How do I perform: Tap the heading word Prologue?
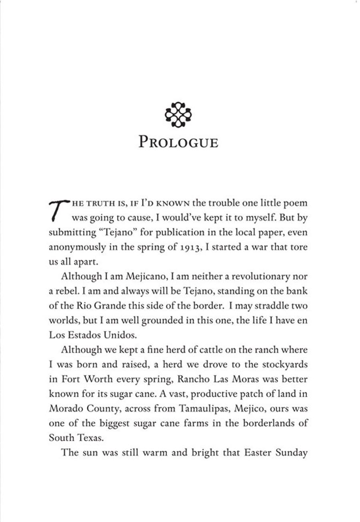178,142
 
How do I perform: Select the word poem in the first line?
295,203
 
